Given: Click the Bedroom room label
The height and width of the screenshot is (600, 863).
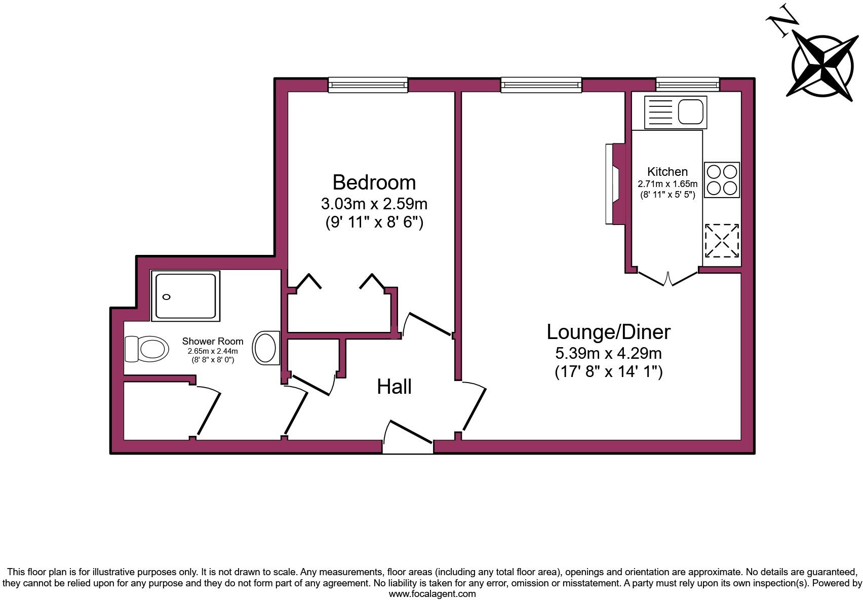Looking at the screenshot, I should (x=374, y=182).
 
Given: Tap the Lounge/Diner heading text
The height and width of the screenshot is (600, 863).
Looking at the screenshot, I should (x=608, y=332).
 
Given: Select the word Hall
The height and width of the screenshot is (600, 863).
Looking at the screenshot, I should (x=394, y=387).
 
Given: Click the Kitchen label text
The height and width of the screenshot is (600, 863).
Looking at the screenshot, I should (x=667, y=172).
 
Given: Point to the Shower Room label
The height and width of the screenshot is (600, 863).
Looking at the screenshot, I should (x=213, y=342).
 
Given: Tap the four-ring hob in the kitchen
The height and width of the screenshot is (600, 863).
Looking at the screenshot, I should (x=722, y=179).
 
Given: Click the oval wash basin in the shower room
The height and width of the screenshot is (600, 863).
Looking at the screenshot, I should (x=266, y=348).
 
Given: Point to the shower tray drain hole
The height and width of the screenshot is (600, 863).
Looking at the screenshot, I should (x=167, y=297).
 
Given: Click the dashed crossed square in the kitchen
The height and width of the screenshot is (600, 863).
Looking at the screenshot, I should (x=722, y=240).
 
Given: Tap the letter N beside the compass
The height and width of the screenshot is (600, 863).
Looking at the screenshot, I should (x=782, y=20).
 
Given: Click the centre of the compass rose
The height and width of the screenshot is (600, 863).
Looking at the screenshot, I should (x=825, y=65).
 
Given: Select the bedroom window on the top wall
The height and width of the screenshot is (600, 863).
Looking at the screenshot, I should (x=368, y=85).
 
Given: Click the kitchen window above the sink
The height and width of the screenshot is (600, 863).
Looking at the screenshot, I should (x=687, y=84).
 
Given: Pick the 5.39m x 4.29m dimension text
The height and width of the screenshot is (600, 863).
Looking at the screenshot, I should (x=608, y=353).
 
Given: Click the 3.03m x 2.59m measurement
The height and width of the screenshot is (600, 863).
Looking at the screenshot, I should (x=374, y=204).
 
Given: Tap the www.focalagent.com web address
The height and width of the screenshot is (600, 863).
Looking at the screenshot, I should (x=431, y=594).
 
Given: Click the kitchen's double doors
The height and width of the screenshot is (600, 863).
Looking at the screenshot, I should (x=669, y=279).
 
